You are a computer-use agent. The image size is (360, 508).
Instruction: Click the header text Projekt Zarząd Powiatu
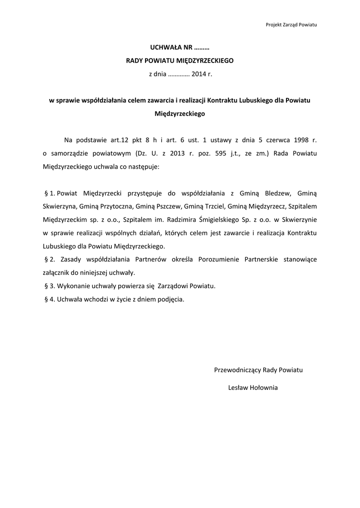pos(291,24)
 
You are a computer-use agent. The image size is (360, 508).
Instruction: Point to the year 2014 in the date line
pos(198,74)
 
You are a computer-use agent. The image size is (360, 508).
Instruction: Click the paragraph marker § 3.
pos(50,286)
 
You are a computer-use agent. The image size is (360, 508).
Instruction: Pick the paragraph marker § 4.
pos(50,300)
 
